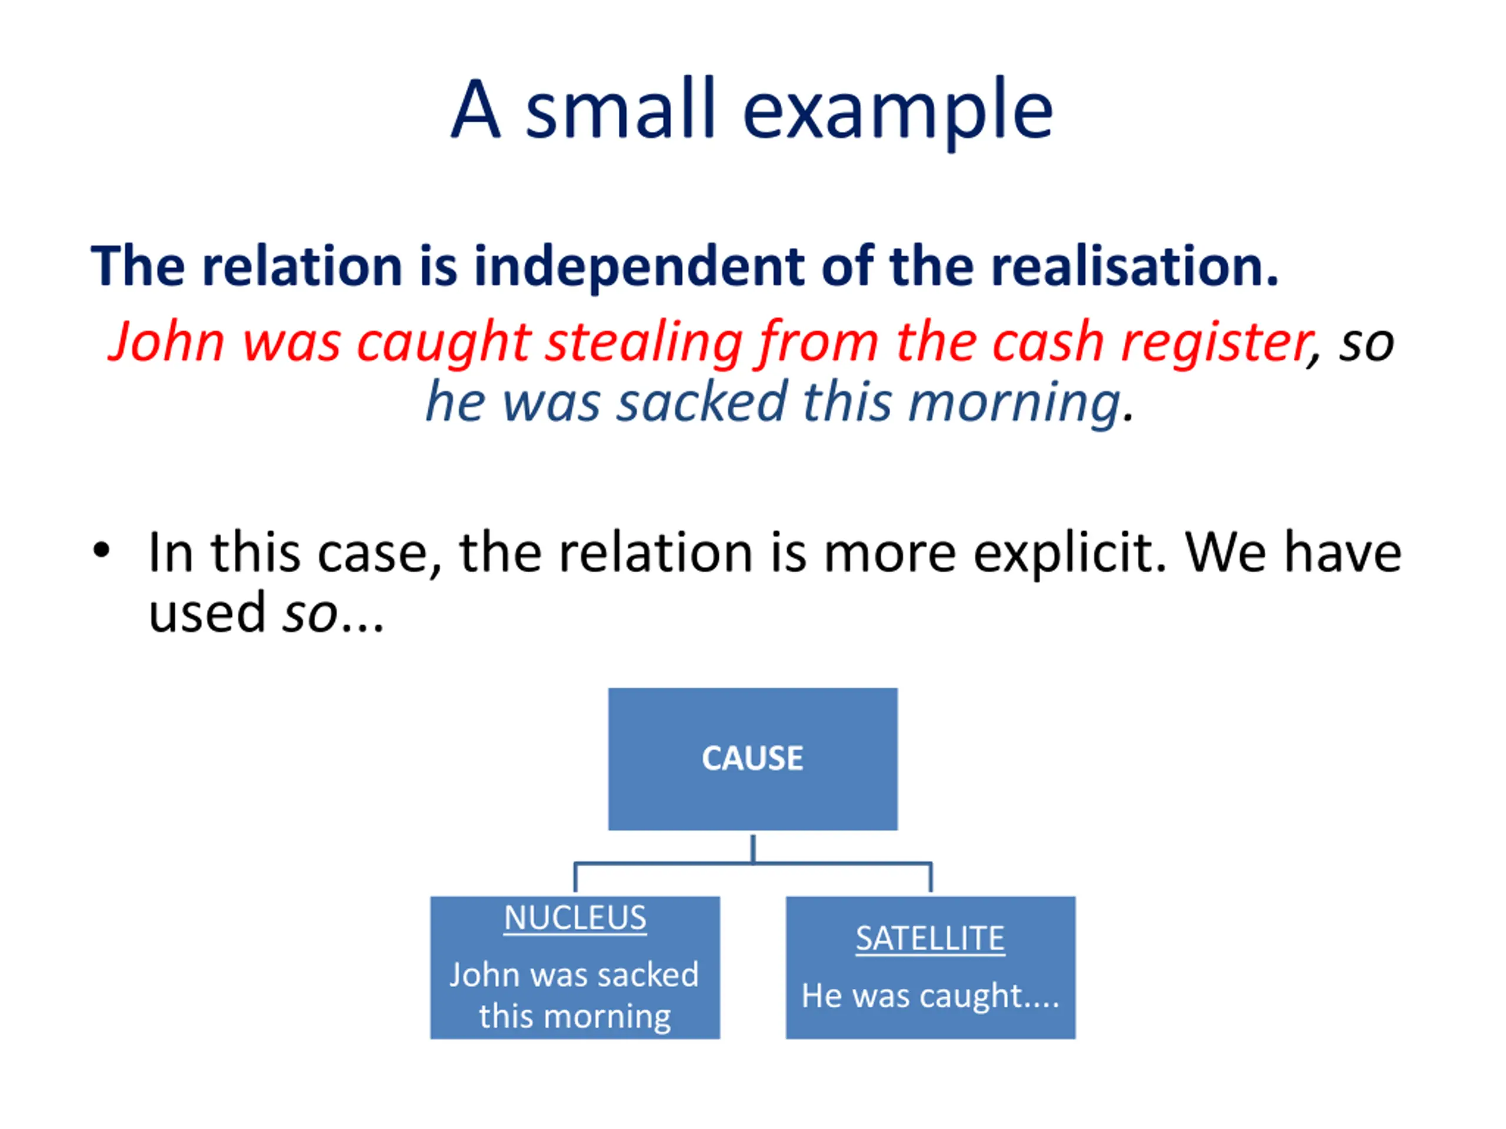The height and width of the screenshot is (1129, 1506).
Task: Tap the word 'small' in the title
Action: (619, 109)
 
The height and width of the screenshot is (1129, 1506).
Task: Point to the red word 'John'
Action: (168, 342)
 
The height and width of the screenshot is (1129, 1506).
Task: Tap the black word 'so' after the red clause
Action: (1366, 343)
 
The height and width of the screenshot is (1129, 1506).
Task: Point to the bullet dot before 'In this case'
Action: (101, 550)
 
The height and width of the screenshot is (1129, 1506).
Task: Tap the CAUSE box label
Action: (752, 758)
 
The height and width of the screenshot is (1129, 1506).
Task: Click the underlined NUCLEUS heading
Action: (575, 918)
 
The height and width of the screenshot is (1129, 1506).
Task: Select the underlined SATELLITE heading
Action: (930, 939)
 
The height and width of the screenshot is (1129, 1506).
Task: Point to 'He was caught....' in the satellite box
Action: (930, 996)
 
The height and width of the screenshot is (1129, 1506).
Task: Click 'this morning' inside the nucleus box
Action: (575, 1017)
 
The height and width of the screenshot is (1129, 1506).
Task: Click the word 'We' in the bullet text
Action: (1225, 553)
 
